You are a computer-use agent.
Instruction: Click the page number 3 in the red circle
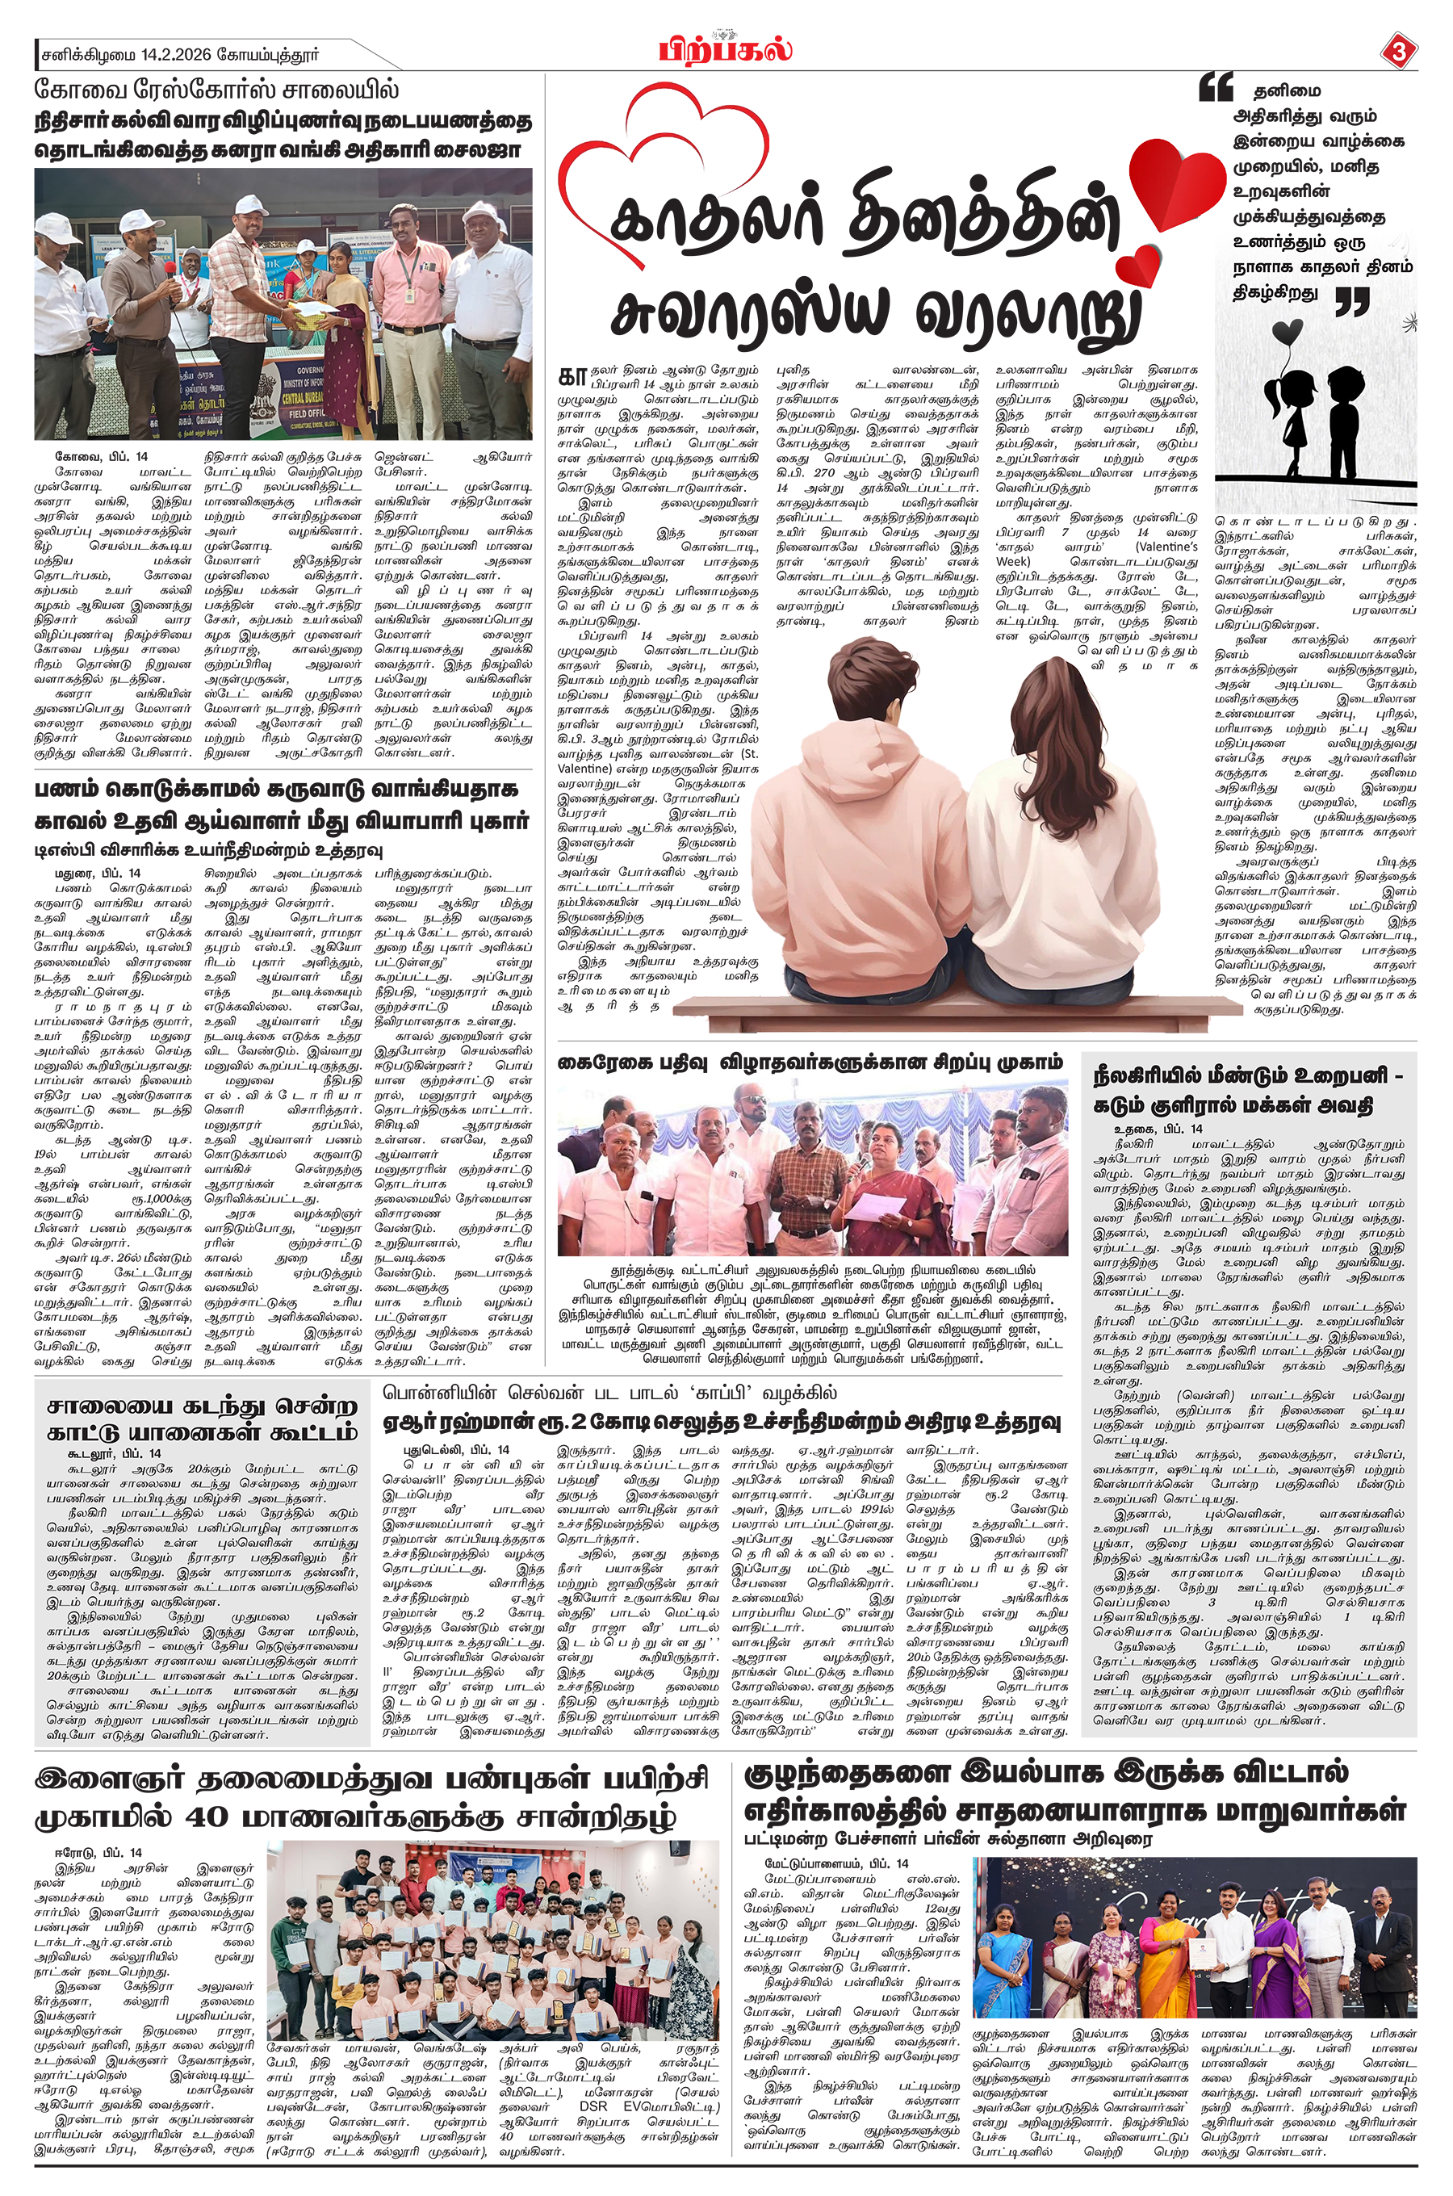(1398, 51)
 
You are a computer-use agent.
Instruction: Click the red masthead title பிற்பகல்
(726, 48)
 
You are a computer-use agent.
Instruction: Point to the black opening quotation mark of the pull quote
(1215, 88)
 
